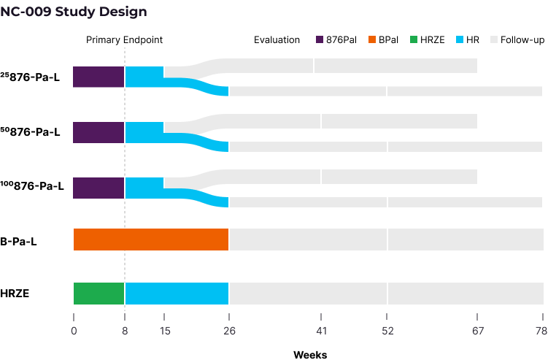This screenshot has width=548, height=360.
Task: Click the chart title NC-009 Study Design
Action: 73,12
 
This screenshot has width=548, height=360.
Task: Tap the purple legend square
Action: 320,39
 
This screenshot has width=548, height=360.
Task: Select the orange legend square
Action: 372,39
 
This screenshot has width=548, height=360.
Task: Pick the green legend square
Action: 414,39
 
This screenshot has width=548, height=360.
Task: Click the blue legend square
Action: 460,39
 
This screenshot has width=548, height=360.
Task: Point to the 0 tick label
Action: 74,332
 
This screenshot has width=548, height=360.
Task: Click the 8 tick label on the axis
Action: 125,332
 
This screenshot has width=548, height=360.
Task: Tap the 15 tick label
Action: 165,332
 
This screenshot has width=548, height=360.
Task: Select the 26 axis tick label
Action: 229,332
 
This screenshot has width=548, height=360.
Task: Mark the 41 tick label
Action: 321,332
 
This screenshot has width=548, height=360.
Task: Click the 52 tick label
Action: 387,332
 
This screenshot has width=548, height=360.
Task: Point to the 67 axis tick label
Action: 477,332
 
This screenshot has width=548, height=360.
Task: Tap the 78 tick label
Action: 541,332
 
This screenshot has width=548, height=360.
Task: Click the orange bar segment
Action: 151,240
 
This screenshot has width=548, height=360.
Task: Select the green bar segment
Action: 99,294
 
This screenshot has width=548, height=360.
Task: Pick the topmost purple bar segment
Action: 99,77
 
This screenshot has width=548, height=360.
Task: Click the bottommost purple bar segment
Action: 99,188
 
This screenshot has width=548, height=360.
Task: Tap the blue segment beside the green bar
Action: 177,294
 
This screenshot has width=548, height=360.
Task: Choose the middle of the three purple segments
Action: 99,132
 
